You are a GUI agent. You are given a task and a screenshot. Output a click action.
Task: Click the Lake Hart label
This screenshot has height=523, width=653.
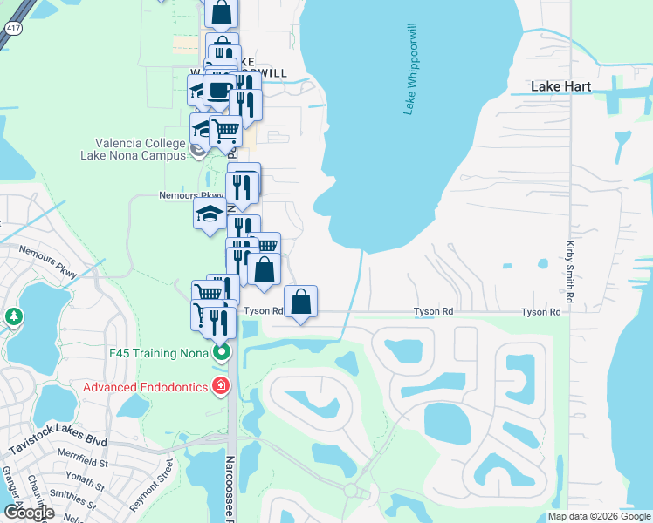point(561,87)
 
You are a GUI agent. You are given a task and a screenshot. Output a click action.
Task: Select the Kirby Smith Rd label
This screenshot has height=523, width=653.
point(570,272)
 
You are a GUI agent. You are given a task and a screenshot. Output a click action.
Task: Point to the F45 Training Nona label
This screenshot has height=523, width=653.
point(160,353)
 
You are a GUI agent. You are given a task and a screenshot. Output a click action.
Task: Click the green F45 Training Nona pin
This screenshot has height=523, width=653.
point(222,353)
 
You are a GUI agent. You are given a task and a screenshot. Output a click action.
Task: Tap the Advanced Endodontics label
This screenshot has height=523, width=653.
point(144,386)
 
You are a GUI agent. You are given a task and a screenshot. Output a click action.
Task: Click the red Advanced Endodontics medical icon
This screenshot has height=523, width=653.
point(222,386)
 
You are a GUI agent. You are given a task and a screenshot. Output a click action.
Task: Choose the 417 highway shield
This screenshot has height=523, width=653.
point(8,28)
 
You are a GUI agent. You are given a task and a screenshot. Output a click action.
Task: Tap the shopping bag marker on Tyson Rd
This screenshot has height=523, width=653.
point(300,302)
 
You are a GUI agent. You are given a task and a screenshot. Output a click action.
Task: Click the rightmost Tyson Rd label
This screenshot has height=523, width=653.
point(540,312)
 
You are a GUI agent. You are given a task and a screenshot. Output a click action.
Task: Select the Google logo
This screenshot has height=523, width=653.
point(28,513)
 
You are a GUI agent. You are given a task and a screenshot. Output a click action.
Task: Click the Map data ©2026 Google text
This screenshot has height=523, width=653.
point(598,516)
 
